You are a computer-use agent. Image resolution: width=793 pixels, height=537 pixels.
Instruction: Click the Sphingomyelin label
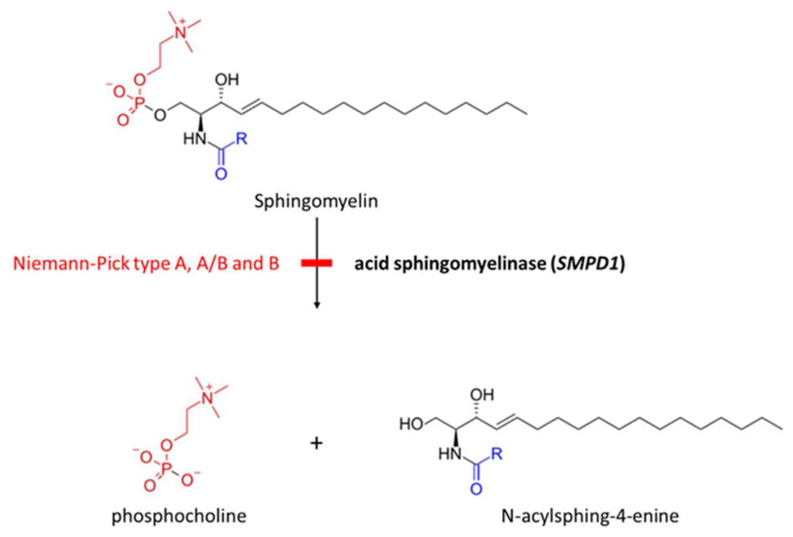[316, 202]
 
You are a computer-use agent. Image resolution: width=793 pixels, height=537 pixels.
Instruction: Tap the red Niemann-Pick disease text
[146, 263]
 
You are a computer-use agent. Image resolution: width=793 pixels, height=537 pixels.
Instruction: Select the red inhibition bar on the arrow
[317, 263]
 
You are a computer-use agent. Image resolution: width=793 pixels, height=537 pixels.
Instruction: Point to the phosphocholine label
[179, 516]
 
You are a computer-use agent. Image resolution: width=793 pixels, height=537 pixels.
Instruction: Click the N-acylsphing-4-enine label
[590, 516]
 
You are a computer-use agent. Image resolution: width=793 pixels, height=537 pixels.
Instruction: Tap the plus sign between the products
[316, 443]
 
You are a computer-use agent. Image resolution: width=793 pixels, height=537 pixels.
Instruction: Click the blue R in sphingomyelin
[241, 138]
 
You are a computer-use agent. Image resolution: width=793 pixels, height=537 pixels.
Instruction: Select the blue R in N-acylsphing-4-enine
[496, 453]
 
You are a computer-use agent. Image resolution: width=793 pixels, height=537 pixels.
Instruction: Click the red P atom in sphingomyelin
[140, 103]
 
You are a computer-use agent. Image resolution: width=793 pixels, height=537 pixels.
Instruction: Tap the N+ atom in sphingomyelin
[179, 32]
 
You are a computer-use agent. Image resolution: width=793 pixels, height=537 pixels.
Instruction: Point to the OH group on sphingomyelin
[226, 80]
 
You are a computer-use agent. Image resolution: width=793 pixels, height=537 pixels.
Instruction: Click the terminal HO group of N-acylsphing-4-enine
[411, 423]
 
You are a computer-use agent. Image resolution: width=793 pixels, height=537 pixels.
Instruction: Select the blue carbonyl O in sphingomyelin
[221, 174]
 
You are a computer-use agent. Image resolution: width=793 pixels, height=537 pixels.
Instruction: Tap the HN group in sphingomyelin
[195, 139]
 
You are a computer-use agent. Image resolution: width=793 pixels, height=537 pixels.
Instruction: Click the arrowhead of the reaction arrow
[317, 304]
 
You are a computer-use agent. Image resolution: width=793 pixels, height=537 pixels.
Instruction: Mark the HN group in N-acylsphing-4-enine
[450, 454]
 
